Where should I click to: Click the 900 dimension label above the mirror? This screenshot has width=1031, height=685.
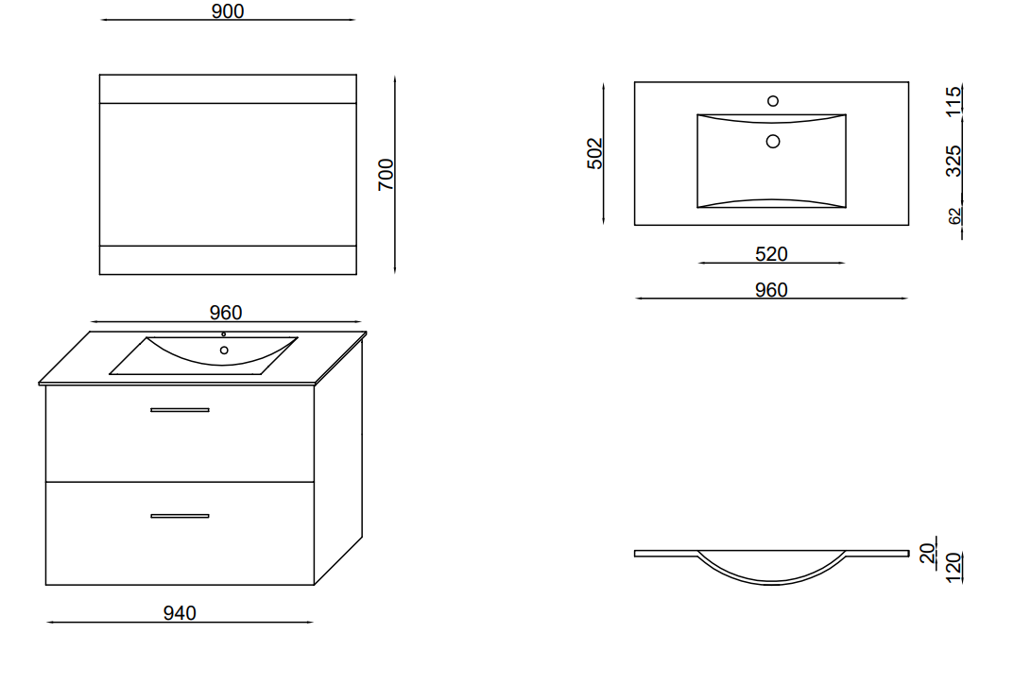[228, 11]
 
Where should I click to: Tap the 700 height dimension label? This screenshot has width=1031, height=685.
[386, 174]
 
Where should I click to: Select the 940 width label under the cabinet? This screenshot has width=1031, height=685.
[180, 612]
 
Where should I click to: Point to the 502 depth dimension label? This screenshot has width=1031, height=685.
[594, 153]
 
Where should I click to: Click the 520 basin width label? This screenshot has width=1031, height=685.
[771, 254]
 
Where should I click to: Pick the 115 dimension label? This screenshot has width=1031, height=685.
[954, 101]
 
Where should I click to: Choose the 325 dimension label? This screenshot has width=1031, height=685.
[954, 161]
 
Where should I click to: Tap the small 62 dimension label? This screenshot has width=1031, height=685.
[954, 215]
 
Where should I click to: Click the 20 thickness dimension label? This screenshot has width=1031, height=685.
[928, 553]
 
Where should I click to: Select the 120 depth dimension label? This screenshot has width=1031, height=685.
[954, 567]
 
